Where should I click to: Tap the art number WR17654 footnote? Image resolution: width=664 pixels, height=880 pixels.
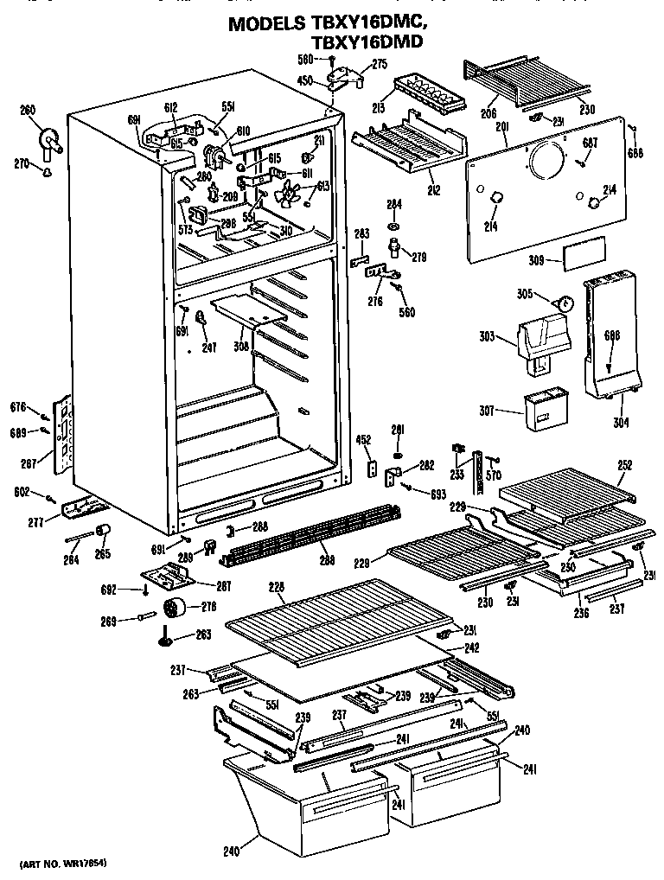66,864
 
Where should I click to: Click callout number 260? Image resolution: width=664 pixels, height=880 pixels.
28,109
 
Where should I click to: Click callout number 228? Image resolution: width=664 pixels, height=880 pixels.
276,588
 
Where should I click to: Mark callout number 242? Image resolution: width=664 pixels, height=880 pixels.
472,647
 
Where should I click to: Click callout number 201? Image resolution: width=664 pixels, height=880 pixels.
501,128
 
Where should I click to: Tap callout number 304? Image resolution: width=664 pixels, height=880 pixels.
620,423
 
